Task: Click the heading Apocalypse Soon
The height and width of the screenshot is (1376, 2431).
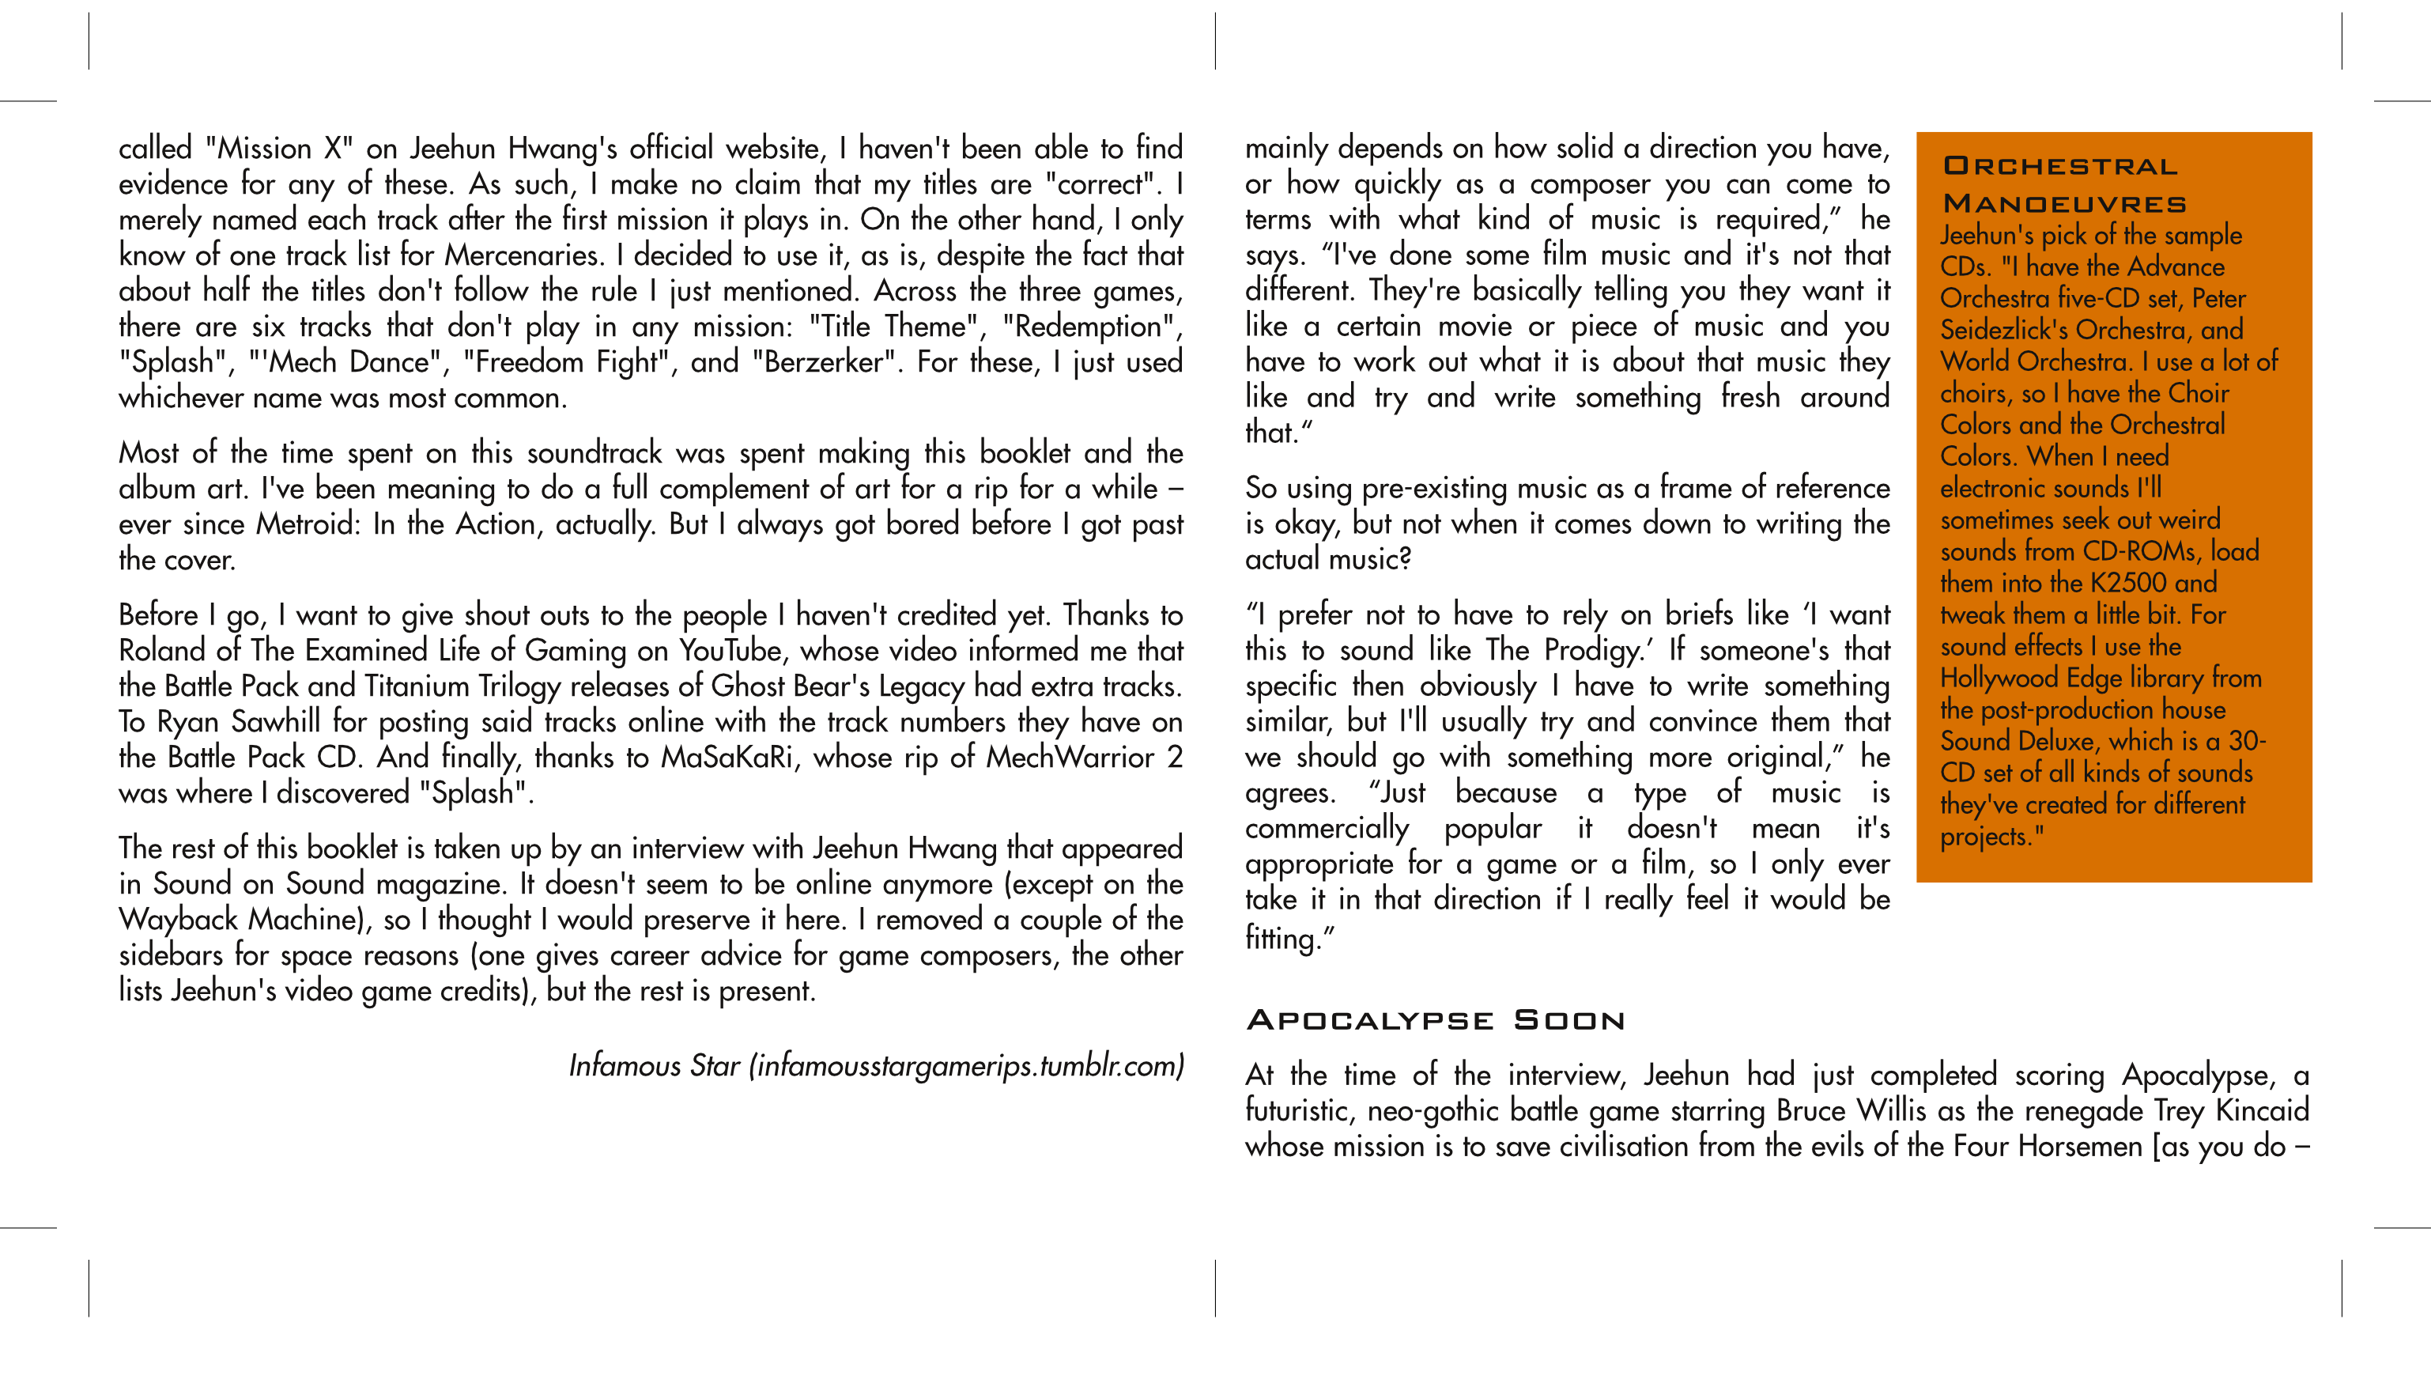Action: (1435, 1021)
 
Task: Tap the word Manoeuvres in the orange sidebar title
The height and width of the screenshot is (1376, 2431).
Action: (2064, 204)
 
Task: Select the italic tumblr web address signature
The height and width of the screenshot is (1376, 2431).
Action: (965, 1066)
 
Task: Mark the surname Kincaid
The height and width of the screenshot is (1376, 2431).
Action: (2262, 1110)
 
